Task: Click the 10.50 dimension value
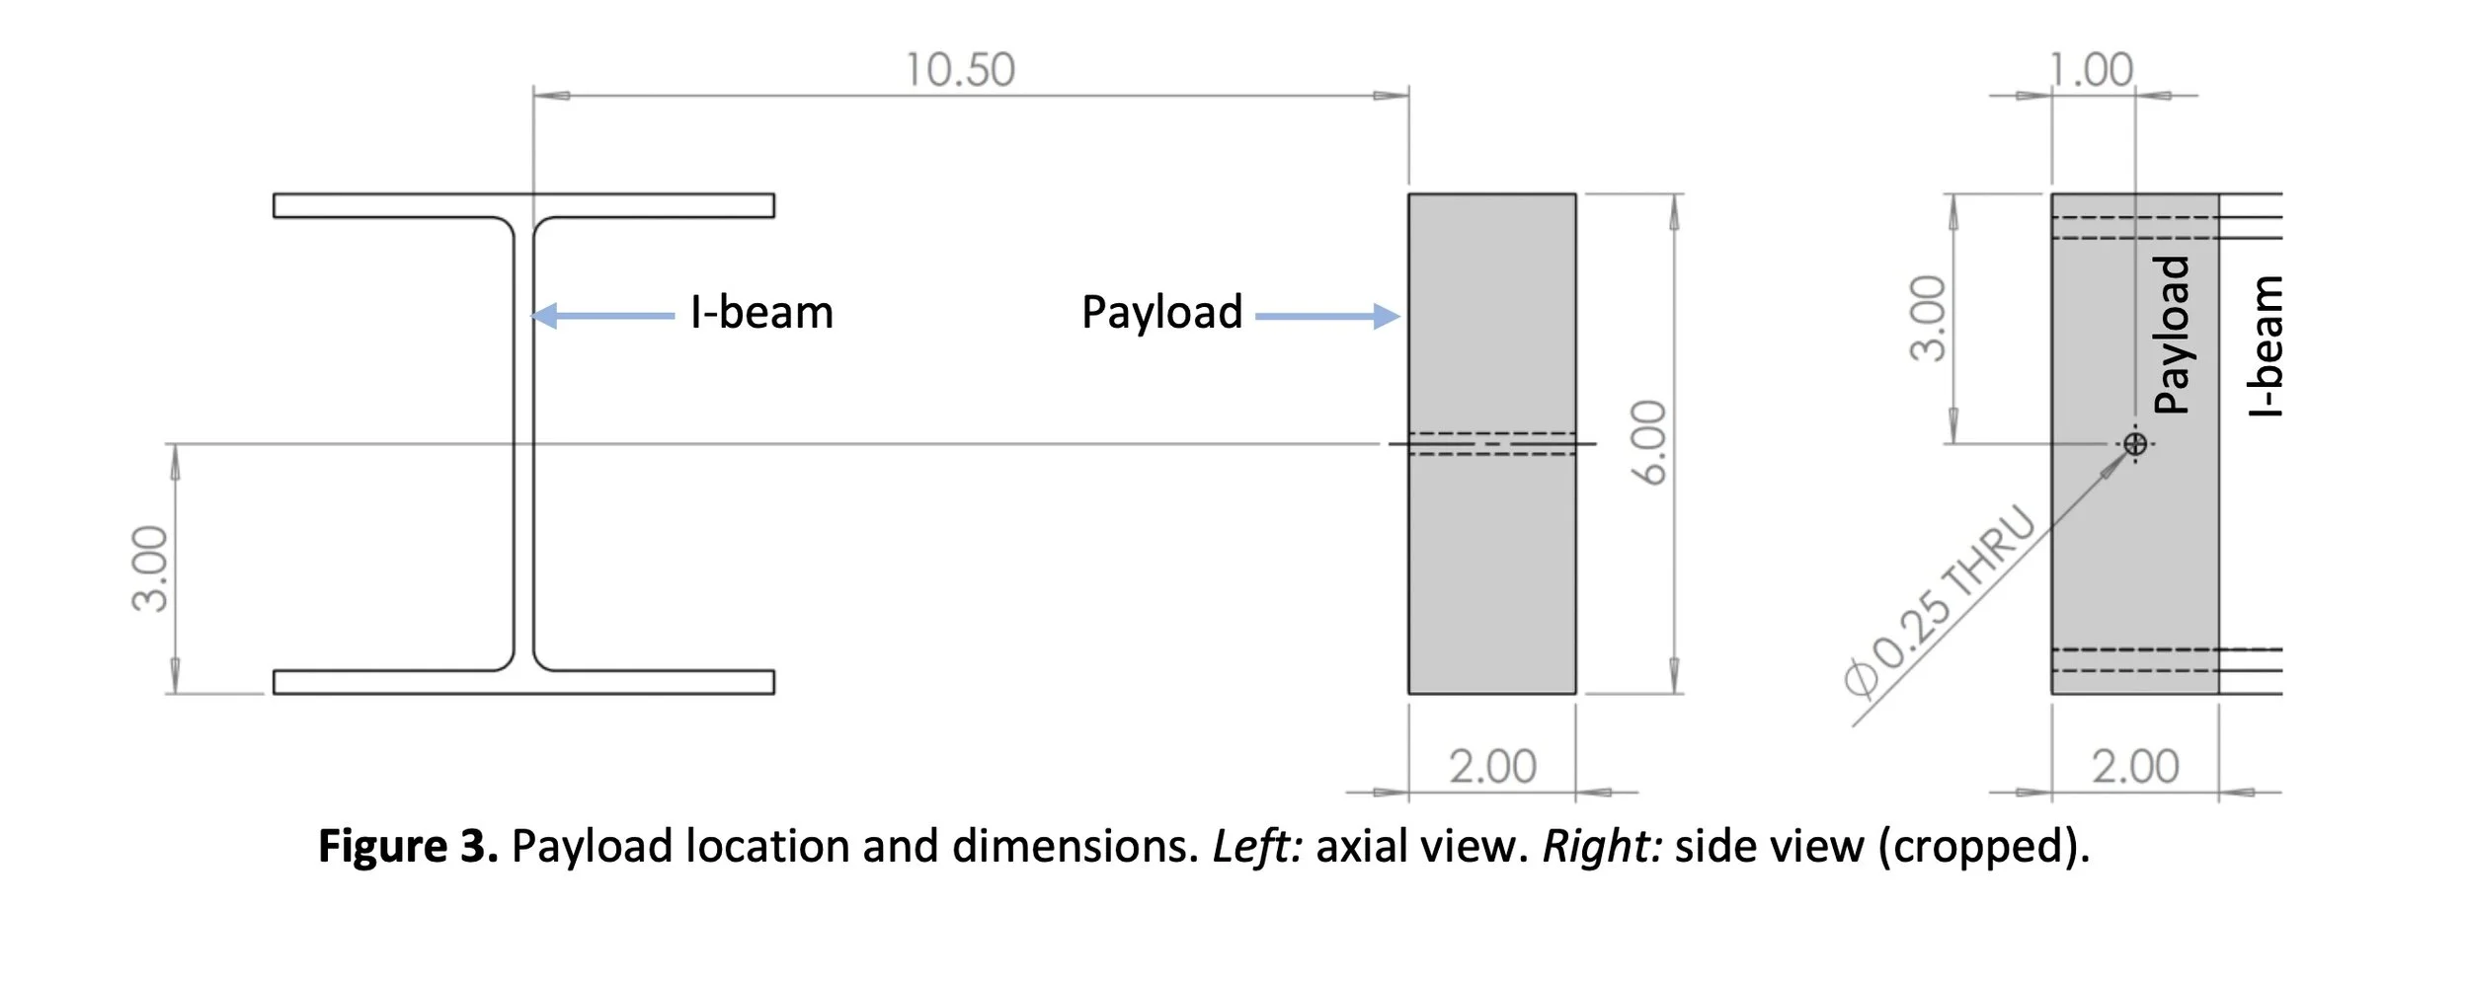pos(960,70)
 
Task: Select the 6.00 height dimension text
pos(1648,442)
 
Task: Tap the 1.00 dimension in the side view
pos(2091,70)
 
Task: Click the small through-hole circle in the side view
pos(2135,444)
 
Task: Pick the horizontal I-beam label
pos(761,313)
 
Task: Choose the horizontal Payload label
pos(1161,313)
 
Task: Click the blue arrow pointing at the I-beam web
pos(602,316)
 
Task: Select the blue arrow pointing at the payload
pos(1327,316)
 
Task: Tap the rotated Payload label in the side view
pos(2172,335)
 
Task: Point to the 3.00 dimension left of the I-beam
pos(150,568)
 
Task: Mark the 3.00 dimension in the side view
pos(1927,319)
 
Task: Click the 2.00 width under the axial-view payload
pos(1492,767)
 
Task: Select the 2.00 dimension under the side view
pos(2135,767)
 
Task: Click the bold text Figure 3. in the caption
pos(408,847)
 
